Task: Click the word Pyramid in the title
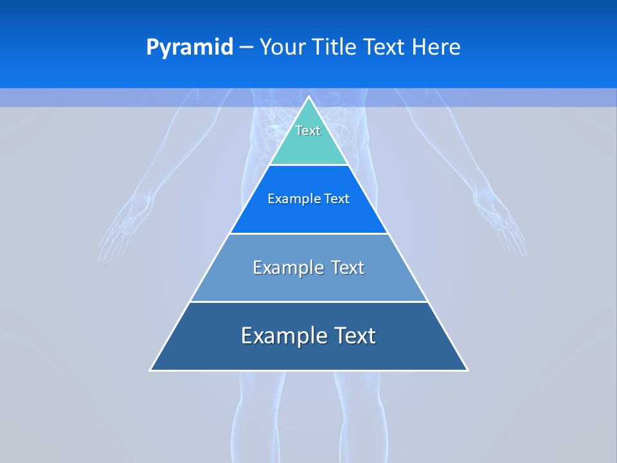click(x=190, y=47)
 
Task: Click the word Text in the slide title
click(x=384, y=47)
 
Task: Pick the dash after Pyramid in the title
click(x=246, y=48)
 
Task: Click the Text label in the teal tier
click(x=308, y=131)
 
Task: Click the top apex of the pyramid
click(x=308, y=97)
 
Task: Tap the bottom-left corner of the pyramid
click(x=151, y=370)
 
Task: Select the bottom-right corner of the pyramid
click(x=467, y=370)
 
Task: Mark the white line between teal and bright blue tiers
click(x=308, y=165)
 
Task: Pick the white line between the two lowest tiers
click(x=308, y=302)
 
